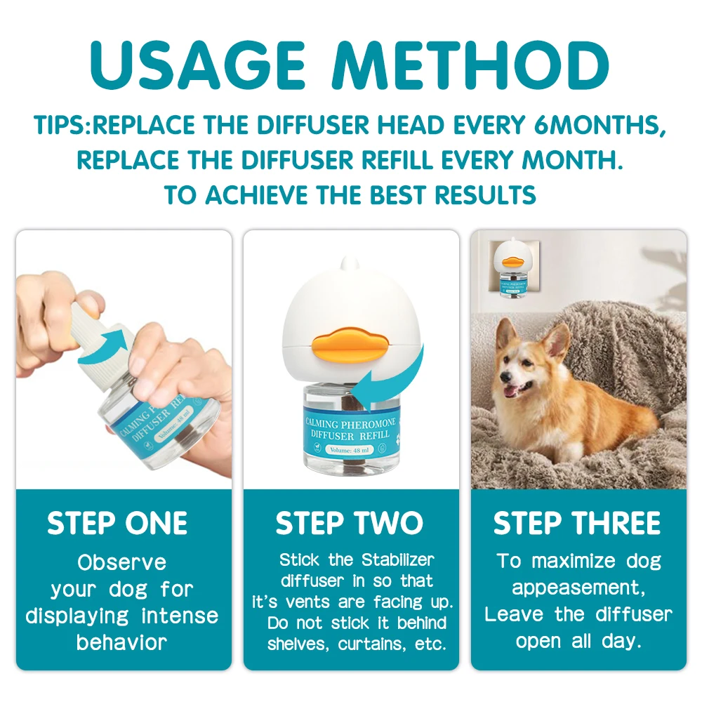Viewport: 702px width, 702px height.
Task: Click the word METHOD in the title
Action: coord(470,66)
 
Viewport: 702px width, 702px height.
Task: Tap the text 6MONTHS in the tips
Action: coord(599,126)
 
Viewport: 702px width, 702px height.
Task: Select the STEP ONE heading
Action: coord(117,523)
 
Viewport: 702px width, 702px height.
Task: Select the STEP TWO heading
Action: coord(349,523)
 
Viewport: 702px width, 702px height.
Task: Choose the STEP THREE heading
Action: coord(577,523)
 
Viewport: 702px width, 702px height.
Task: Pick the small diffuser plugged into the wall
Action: coord(513,267)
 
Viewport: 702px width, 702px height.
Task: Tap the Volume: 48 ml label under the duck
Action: coord(349,450)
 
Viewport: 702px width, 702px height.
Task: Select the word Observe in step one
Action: coord(121,563)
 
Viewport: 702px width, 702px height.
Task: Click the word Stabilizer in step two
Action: coord(397,559)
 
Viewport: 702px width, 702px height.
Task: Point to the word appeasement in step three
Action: coord(578,588)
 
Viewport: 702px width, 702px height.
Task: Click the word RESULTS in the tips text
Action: coord(485,195)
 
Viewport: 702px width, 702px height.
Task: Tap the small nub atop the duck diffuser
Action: coord(347,263)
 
